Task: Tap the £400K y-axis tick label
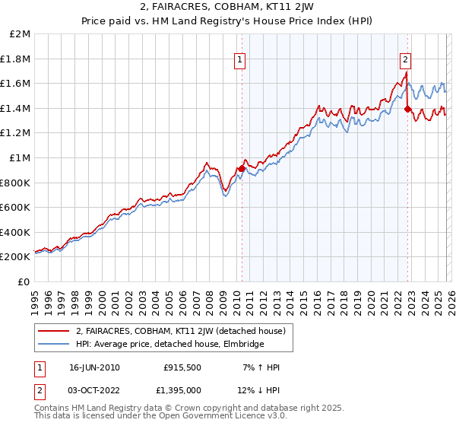(x=16, y=232)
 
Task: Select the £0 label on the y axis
(x=24, y=281)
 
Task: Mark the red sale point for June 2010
(x=242, y=168)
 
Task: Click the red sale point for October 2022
(x=408, y=109)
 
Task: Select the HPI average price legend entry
(x=169, y=344)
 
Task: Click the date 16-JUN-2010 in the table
(x=94, y=367)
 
